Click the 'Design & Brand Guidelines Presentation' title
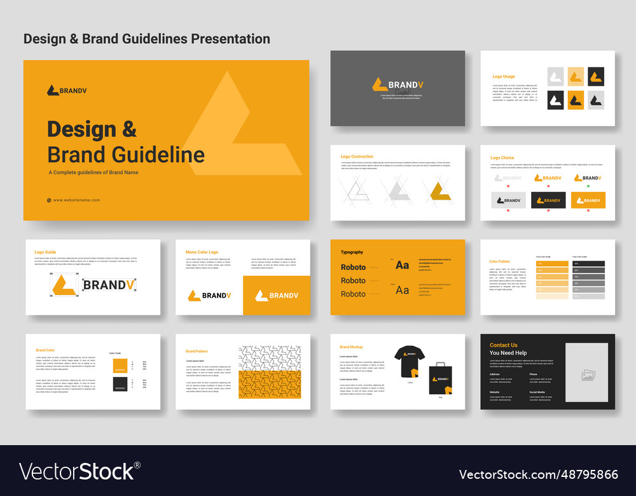146,39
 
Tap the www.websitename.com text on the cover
76,200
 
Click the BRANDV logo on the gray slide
397,85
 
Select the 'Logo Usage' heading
504,76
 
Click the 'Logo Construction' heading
357,156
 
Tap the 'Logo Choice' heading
502,158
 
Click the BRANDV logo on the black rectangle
548,200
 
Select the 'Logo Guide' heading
45,252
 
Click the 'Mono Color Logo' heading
202,252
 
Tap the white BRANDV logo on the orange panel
276,295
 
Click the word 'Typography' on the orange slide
352,252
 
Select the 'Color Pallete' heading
499,261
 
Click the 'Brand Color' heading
45,350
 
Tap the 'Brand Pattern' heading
197,351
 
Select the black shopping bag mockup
440,378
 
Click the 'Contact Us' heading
503,345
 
